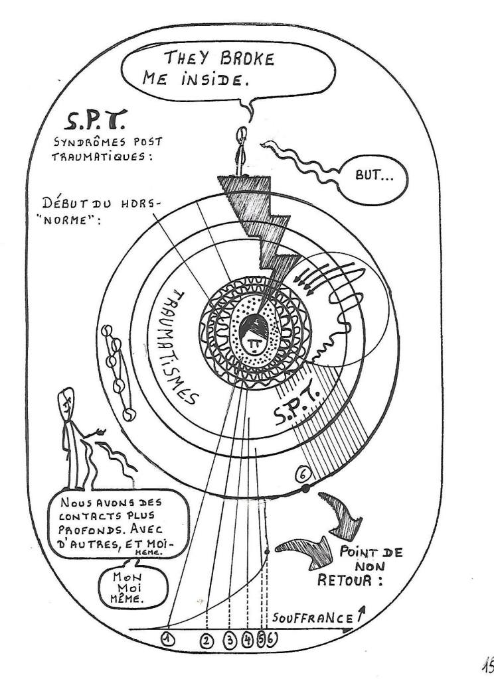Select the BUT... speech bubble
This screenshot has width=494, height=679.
374,178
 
